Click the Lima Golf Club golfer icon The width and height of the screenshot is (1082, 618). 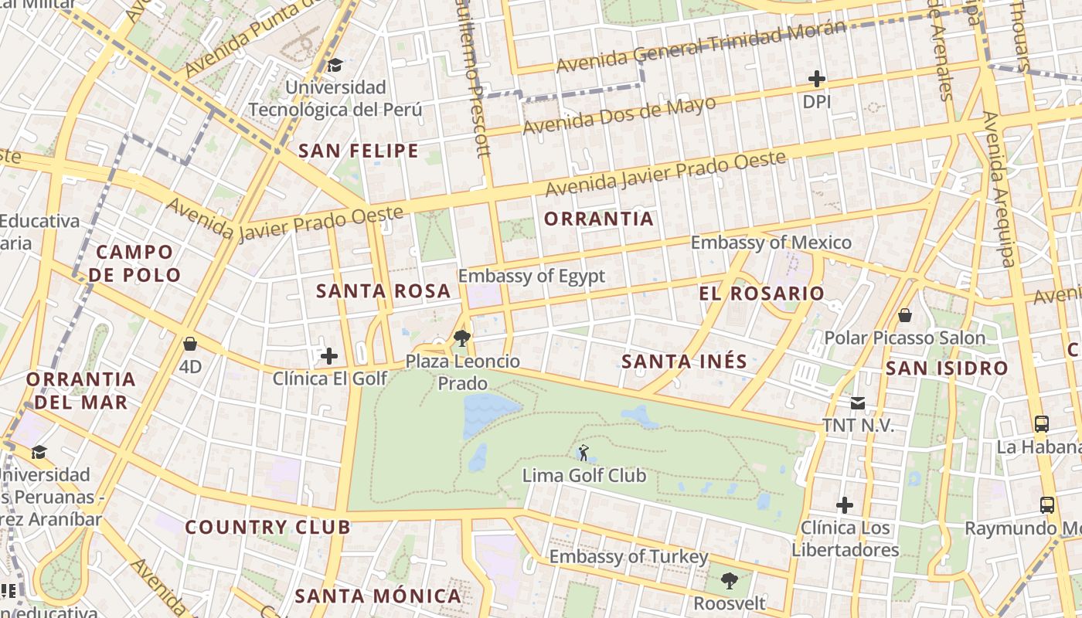point(584,453)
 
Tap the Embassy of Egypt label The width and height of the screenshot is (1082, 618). point(531,276)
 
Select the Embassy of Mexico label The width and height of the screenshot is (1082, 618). point(771,243)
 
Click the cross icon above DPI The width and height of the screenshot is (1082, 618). point(816,79)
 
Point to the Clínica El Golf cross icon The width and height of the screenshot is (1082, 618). point(329,356)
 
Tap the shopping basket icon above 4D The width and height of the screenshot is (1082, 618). point(190,344)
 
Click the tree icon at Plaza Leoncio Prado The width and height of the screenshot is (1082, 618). point(462,338)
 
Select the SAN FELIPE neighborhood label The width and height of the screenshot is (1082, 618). point(359,151)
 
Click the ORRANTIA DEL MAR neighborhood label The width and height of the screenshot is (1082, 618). point(81,390)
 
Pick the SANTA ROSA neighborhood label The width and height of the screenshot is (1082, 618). point(383,291)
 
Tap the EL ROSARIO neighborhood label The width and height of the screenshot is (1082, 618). point(762,294)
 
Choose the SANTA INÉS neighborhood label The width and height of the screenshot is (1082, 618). point(685,361)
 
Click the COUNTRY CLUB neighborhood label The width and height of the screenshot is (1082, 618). point(267,528)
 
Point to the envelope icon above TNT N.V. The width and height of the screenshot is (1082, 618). point(858,403)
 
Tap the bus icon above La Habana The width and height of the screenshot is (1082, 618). point(1042,423)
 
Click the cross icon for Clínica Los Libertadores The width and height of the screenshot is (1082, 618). point(845,506)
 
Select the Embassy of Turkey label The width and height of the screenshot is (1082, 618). point(628,556)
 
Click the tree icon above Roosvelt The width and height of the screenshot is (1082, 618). point(729,580)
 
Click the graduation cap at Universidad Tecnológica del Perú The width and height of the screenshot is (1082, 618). point(335,65)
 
